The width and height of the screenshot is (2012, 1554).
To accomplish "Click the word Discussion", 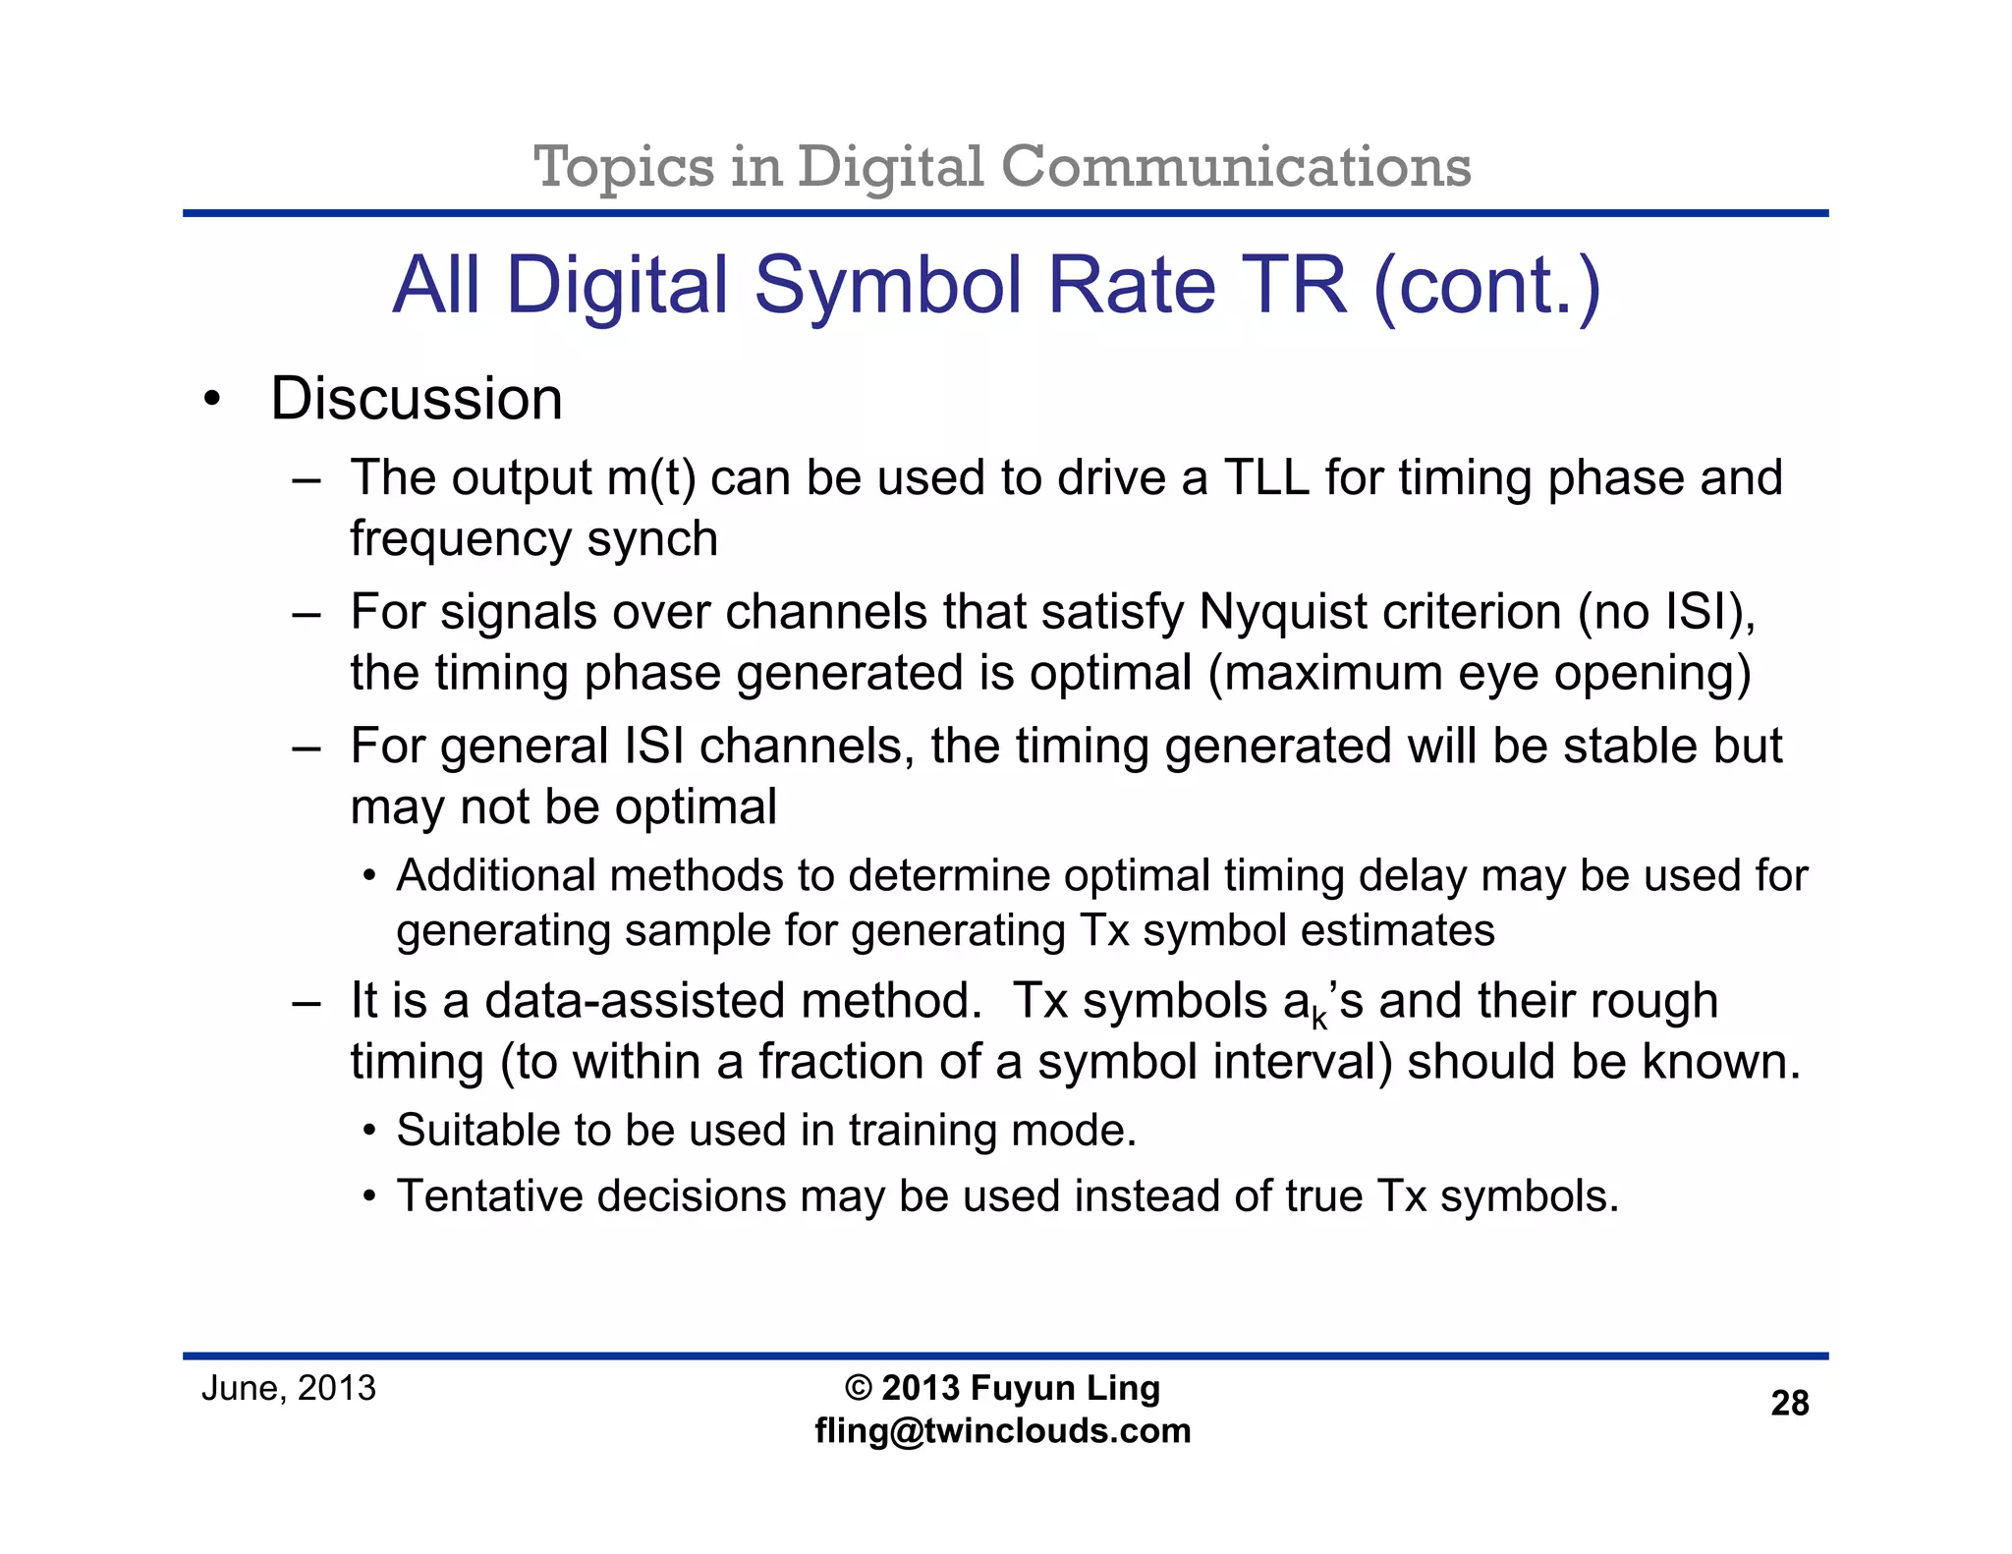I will [x=416, y=399].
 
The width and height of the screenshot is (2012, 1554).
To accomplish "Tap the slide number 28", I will [x=1789, y=1403].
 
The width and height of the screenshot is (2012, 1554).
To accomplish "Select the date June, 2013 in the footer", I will [x=288, y=1388].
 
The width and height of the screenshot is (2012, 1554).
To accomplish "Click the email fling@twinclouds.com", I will [x=1002, y=1430].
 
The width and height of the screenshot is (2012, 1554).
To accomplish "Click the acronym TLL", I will [x=1266, y=478].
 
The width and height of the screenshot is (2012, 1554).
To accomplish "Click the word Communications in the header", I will [x=1235, y=166].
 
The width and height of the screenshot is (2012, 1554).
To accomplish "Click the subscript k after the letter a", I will [x=1319, y=1020].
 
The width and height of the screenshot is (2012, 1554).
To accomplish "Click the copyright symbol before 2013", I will [x=858, y=1388].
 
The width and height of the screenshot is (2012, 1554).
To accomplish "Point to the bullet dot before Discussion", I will [x=210, y=401].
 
